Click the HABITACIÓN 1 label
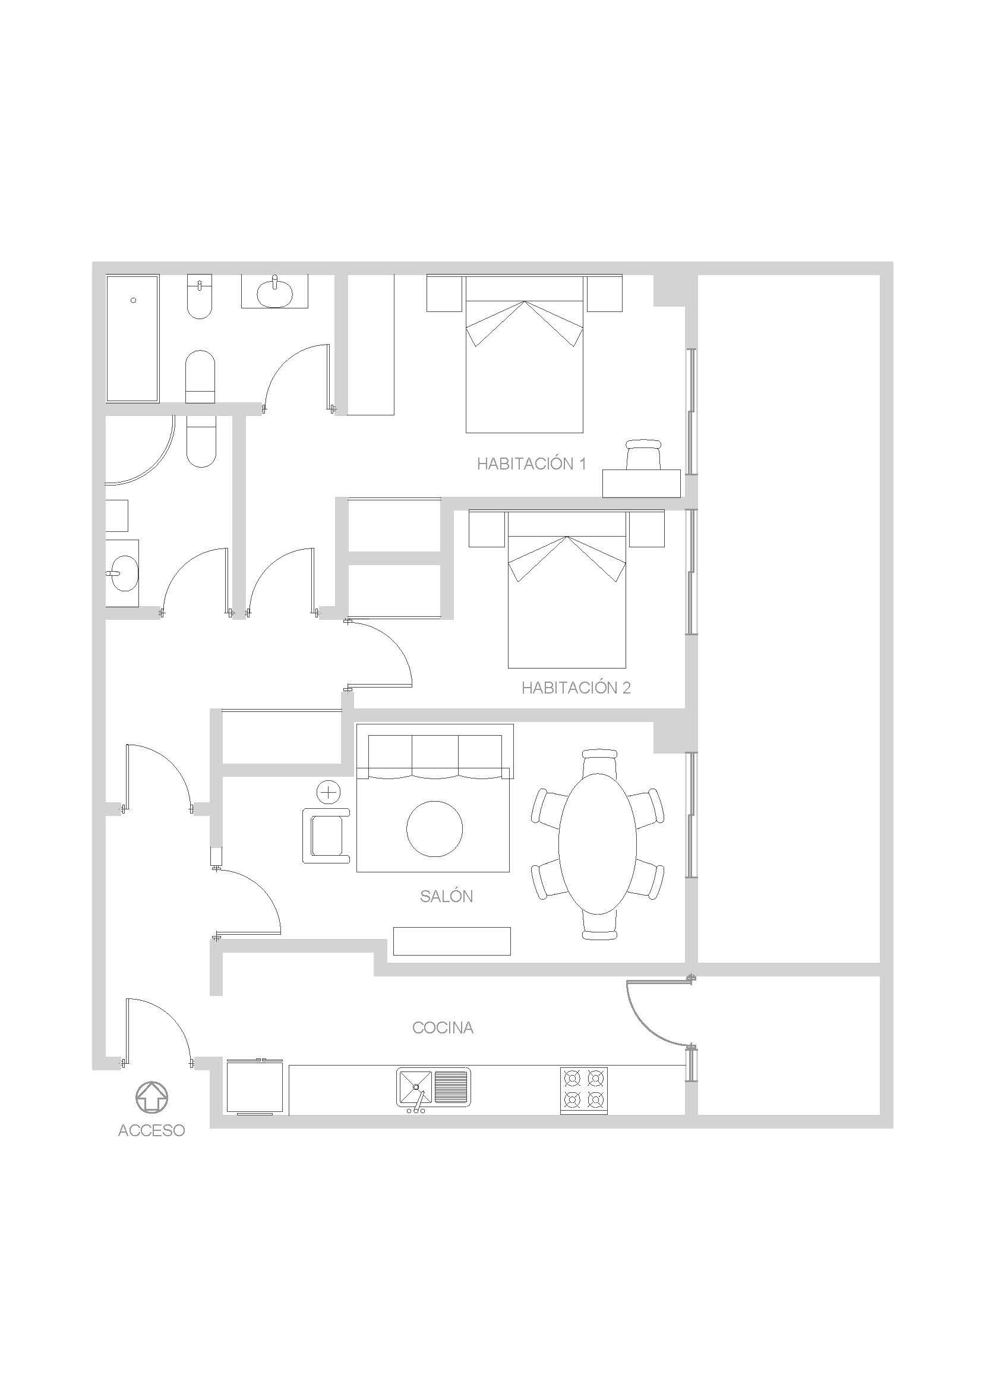[x=531, y=464]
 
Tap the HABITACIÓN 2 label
[x=576, y=688]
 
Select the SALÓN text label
[x=446, y=897]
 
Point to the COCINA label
[x=443, y=1027]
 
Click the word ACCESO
[x=151, y=1130]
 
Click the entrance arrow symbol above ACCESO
[x=151, y=1097]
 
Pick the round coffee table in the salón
[x=434, y=829]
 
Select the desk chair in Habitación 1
[x=644, y=455]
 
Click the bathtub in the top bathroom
[x=132, y=338]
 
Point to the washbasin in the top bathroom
[x=274, y=293]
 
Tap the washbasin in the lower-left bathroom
[x=122, y=573]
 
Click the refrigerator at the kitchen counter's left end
[x=254, y=1088]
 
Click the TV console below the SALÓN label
[x=451, y=941]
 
